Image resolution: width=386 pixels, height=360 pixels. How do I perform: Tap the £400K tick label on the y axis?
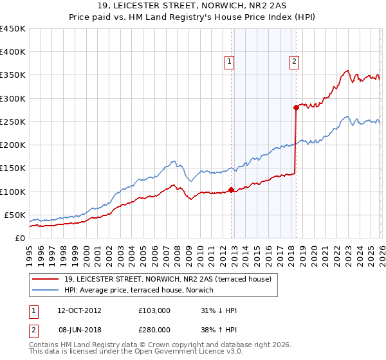tap(13, 52)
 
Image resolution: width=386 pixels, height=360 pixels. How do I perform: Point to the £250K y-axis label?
tap(13, 122)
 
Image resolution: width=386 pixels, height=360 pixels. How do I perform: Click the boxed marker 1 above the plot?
tap(230, 62)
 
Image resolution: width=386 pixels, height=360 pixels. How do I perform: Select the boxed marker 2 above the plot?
tap(294, 62)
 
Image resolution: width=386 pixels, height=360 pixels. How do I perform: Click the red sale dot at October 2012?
tap(231, 190)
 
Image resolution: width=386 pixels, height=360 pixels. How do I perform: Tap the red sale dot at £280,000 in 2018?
tap(296, 107)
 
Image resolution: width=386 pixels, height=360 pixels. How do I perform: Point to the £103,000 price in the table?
tap(154, 310)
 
